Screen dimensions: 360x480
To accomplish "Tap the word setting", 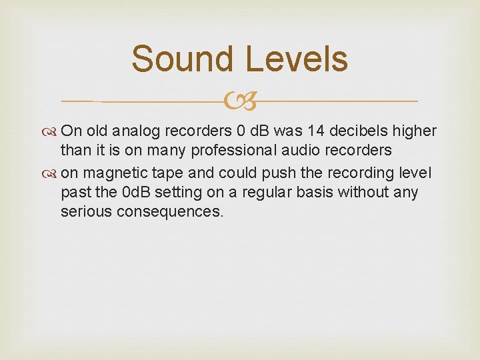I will tap(186, 193).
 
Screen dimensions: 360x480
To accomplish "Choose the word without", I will tap(371, 193).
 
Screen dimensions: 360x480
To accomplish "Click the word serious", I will tap(85, 213).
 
